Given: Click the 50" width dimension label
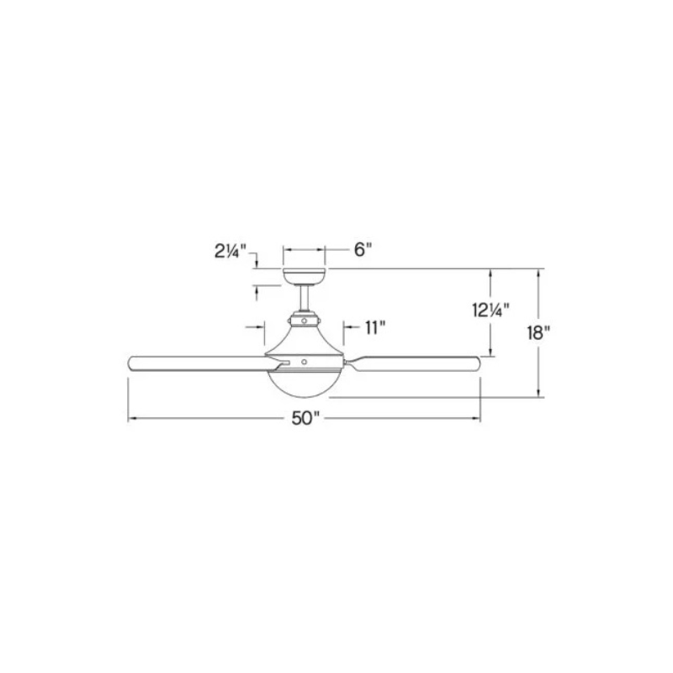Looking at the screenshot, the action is pos(306,418).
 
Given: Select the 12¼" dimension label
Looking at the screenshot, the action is pos(491,310).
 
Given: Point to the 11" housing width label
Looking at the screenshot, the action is pos(375,328).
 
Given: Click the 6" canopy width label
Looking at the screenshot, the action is pos(363,249).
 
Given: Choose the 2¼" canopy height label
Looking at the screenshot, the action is pos(231,252).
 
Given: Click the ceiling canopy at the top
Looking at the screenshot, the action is pos(304,277).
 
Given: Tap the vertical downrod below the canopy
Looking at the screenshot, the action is pos(304,299).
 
